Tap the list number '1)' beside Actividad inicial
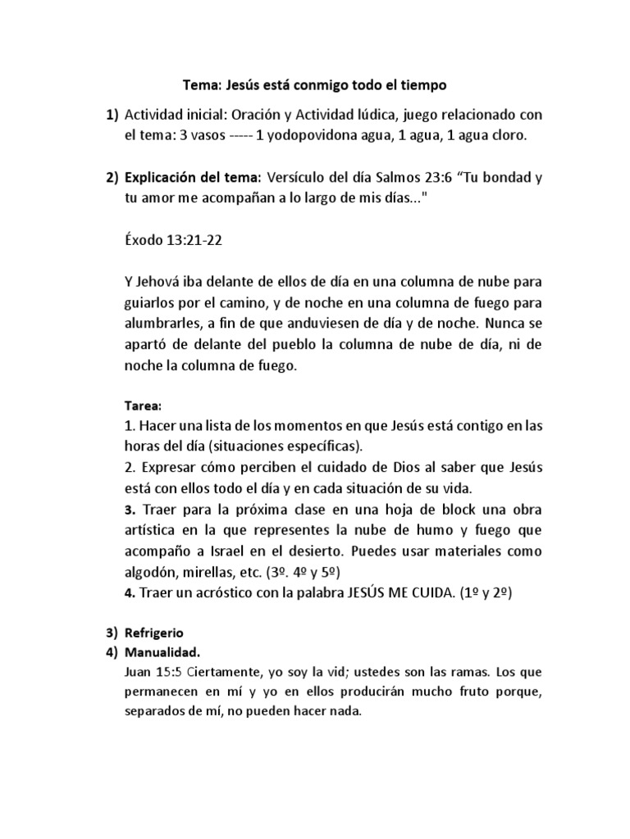tap(112, 117)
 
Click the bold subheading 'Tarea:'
tap(144, 406)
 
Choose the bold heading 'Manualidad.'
tap(162, 652)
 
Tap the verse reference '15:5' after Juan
tap(170, 672)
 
